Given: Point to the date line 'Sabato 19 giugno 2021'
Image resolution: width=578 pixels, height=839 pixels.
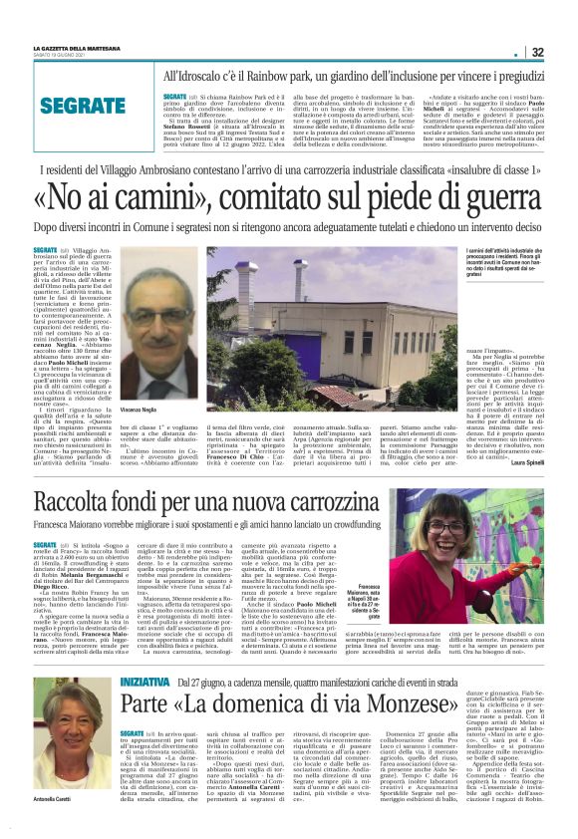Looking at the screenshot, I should [55, 55].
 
